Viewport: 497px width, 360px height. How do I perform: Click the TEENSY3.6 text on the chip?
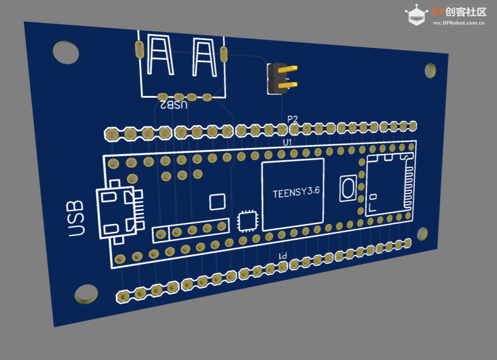[296, 192]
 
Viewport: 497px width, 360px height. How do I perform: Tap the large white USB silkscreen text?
[76, 219]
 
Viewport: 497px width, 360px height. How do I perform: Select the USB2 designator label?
[173, 104]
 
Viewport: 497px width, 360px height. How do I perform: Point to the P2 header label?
[293, 119]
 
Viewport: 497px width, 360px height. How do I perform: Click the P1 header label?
[283, 256]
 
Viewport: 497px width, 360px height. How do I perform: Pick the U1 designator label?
[287, 143]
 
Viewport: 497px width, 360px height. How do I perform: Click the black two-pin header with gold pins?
[282, 79]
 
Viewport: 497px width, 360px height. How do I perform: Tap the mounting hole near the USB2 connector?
[66, 52]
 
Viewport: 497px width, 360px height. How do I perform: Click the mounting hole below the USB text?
[86, 294]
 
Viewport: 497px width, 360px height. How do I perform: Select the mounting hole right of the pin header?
[430, 70]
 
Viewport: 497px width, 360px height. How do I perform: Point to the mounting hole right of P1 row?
[422, 234]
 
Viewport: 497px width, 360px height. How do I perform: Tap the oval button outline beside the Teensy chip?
[348, 188]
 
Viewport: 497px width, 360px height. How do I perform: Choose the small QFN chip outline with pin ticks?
[247, 220]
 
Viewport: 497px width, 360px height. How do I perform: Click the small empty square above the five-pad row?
[218, 202]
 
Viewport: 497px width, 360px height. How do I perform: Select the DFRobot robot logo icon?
[416, 15]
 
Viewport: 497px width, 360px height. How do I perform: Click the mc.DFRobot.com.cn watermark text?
[459, 23]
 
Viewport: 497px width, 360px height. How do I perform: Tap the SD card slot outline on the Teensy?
[390, 185]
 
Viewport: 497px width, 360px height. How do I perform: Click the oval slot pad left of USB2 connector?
[140, 50]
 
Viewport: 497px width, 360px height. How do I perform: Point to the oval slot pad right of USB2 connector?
[224, 54]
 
